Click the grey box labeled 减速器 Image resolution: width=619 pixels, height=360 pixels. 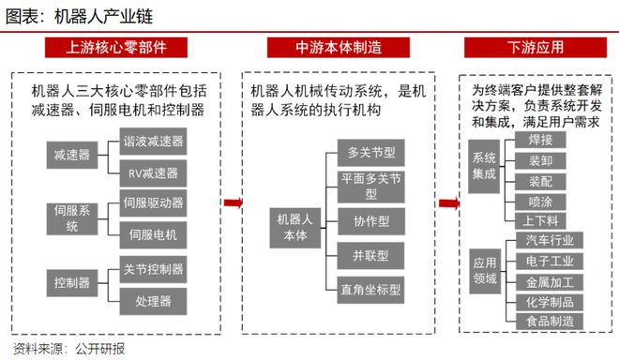72,155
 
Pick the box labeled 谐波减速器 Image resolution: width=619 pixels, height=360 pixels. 154,142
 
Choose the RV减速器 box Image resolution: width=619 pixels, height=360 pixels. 154,172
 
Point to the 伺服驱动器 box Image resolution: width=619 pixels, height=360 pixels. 154,202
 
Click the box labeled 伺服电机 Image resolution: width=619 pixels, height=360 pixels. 154,232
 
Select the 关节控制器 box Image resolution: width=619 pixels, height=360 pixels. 154,270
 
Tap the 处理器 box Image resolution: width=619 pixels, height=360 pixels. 154,300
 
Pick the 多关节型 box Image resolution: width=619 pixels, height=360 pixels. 370,151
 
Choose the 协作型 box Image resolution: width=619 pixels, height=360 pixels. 370,221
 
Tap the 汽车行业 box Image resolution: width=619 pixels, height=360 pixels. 551,239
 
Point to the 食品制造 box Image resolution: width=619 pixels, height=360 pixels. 551,322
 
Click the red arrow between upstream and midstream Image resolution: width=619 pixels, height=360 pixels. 233,202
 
